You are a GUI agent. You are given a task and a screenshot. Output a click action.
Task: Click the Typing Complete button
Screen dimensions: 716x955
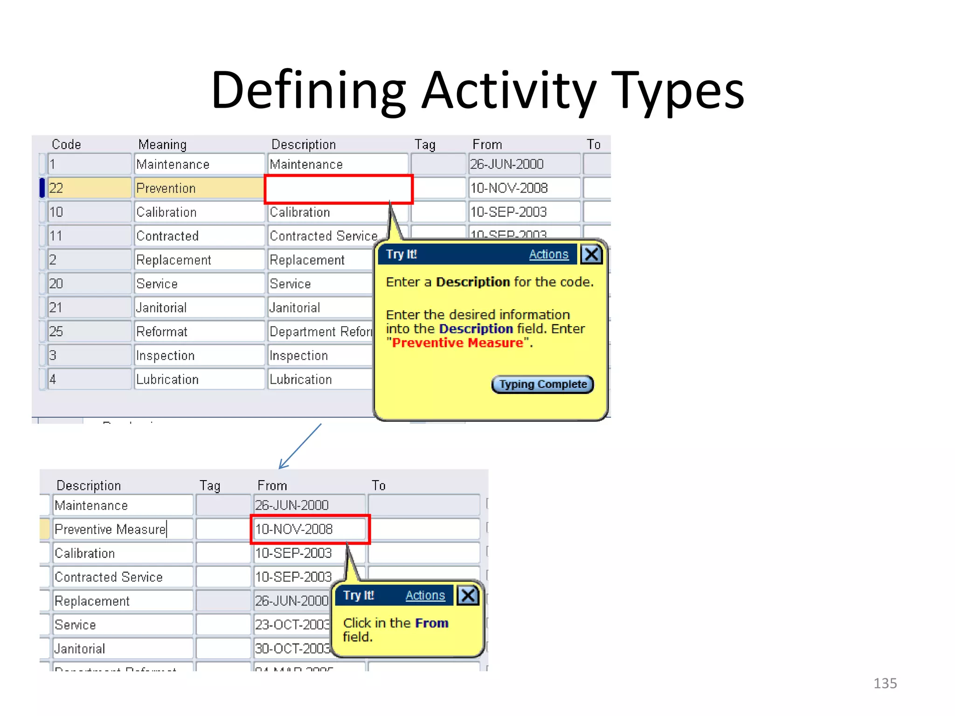pos(543,385)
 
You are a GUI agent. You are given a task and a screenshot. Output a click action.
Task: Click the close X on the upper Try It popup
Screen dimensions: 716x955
pos(591,255)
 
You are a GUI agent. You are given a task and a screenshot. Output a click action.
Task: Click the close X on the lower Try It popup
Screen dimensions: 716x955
pos(468,595)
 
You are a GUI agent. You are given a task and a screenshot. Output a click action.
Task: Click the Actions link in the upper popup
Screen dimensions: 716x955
pos(548,255)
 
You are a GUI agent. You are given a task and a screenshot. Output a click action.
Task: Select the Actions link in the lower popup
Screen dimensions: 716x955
pos(425,595)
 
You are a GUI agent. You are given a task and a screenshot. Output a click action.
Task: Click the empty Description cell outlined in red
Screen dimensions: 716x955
pos(339,189)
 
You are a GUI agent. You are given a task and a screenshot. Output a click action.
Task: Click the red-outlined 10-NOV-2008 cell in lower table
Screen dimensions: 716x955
pos(310,529)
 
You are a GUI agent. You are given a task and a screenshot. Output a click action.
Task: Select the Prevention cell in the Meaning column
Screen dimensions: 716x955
pos(199,188)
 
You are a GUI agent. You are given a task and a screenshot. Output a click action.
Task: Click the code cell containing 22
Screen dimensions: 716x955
pos(89,188)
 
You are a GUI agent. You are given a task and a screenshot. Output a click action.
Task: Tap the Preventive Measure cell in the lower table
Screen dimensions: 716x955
pos(122,530)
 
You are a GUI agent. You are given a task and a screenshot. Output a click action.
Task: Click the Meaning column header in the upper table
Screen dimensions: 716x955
pos(162,145)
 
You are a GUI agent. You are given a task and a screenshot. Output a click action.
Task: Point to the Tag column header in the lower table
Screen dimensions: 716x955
pos(210,486)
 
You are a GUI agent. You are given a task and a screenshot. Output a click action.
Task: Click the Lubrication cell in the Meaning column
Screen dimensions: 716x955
pos(199,379)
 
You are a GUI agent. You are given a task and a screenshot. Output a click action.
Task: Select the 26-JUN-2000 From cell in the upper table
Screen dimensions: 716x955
pos(524,165)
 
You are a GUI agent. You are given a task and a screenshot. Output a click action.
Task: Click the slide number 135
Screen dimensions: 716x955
pos(885,683)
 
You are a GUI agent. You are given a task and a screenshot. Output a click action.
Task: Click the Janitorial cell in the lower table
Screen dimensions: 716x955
pos(122,649)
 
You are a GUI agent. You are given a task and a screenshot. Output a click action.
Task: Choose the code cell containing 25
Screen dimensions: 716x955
pos(89,331)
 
